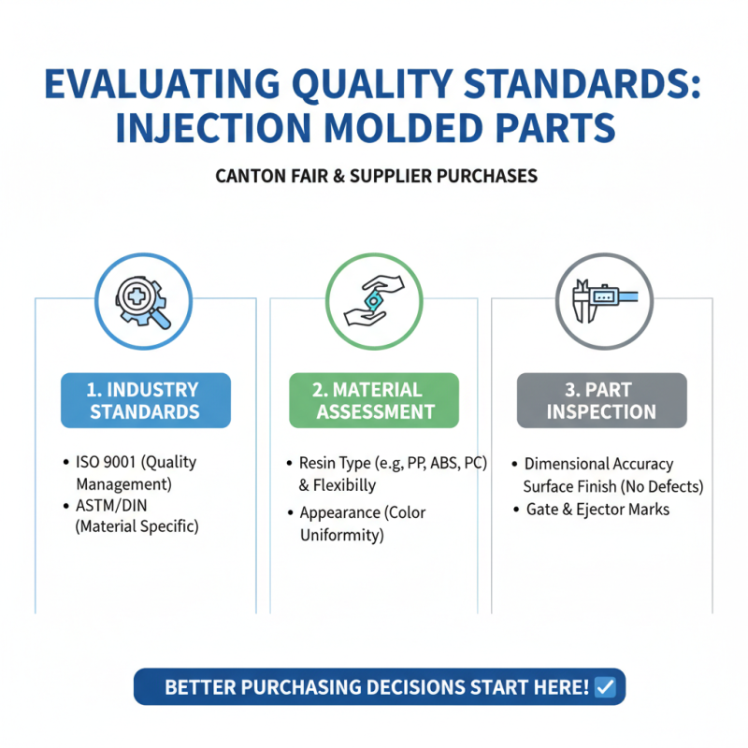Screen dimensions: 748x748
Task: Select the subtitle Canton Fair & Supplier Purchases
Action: pos(376,176)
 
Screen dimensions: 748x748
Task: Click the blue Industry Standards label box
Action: pos(145,400)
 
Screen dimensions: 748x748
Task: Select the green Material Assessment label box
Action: pos(373,400)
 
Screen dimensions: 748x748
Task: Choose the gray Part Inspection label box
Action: pos(601,400)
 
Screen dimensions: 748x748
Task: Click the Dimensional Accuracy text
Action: pos(598,464)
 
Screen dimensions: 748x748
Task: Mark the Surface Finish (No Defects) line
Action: pos(612,486)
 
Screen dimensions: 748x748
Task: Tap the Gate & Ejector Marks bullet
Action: pos(597,510)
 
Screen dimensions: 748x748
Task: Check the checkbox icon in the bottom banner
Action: pos(605,687)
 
